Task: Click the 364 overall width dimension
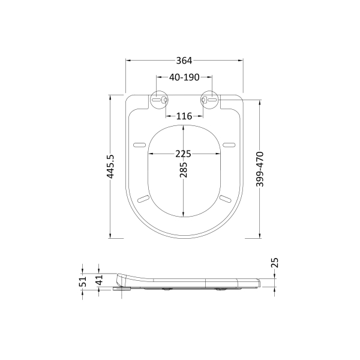coord(184,60)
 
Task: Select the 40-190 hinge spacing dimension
coord(183,77)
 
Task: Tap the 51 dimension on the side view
coord(84,280)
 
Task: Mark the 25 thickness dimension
coord(275,263)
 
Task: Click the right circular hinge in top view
coord(208,100)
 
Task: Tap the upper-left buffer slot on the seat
coord(139,145)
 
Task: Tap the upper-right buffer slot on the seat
coord(228,145)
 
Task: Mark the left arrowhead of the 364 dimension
coord(128,60)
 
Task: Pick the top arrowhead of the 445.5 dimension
coord(110,96)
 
